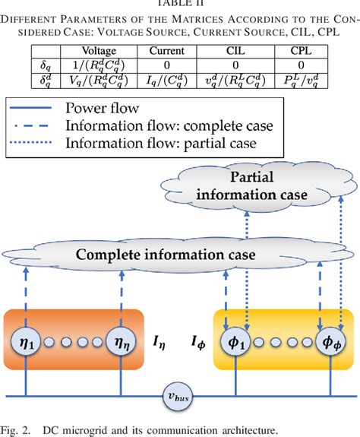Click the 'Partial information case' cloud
tap(251, 186)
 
